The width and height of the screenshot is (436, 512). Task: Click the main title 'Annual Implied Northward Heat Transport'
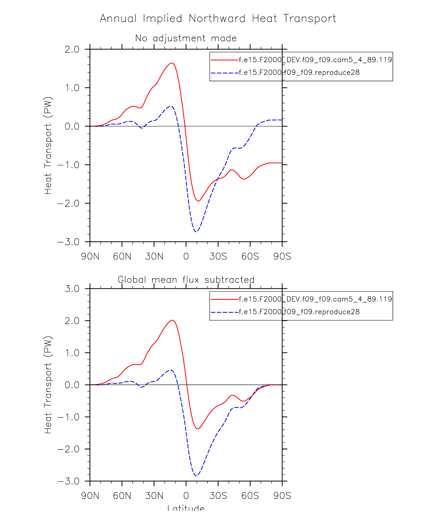(x=218, y=19)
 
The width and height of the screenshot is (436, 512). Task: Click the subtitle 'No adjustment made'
(x=186, y=38)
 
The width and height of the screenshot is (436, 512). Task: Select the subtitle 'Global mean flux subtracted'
(x=186, y=280)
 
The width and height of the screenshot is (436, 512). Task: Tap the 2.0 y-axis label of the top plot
(x=72, y=49)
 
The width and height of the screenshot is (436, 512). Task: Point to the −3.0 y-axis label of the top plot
(x=68, y=242)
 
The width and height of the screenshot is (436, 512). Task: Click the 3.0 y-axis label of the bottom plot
(x=72, y=289)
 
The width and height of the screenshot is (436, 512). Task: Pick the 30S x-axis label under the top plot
(x=218, y=256)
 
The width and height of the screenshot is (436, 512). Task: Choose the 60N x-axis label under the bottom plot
(x=122, y=495)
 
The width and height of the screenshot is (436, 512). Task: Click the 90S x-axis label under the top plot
(x=282, y=256)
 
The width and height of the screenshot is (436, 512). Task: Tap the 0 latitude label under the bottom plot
(x=186, y=495)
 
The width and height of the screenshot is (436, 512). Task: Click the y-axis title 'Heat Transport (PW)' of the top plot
(x=48, y=145)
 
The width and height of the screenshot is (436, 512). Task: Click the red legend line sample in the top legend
(x=224, y=60)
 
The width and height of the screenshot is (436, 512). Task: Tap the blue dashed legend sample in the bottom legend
(x=224, y=312)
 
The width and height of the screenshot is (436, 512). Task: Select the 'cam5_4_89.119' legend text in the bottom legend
(x=362, y=299)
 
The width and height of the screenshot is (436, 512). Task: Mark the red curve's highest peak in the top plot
(x=172, y=63)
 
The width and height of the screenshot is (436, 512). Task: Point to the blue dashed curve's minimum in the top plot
(x=196, y=232)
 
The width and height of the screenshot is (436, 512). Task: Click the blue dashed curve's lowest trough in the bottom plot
(x=196, y=476)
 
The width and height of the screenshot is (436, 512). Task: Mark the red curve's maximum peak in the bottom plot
(x=173, y=320)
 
